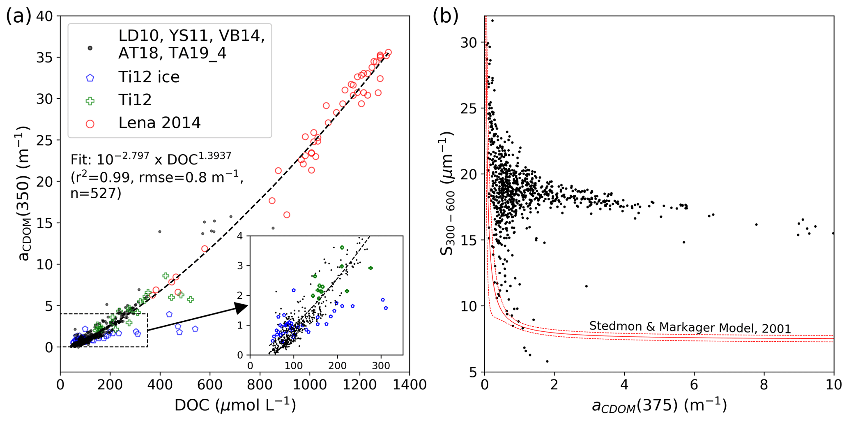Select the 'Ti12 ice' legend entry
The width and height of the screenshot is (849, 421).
click(x=149, y=77)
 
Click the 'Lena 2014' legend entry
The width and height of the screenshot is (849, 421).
click(x=159, y=123)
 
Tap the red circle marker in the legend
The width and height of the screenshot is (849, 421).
click(x=90, y=123)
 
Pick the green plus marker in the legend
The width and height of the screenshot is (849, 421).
click(x=90, y=100)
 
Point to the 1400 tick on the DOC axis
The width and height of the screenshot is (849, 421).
click(x=409, y=385)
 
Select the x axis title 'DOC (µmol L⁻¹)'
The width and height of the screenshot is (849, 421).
click(x=235, y=405)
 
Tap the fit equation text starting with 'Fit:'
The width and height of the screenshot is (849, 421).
click(x=151, y=159)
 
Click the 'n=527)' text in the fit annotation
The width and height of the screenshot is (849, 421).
click(x=95, y=193)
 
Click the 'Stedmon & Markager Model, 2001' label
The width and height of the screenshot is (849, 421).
click(x=690, y=328)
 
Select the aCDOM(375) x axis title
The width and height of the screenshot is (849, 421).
click(x=659, y=405)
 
